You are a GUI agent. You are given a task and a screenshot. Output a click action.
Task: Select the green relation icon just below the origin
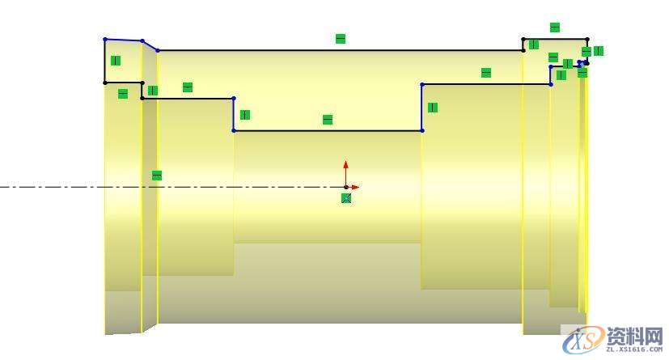[346, 198]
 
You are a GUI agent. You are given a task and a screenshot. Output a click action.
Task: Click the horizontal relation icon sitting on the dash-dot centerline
[157, 175]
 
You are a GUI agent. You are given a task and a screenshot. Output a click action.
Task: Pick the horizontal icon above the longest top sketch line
[341, 39]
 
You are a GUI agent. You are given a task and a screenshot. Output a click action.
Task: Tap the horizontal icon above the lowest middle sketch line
[328, 120]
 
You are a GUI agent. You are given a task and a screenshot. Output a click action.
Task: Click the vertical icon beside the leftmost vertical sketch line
[116, 61]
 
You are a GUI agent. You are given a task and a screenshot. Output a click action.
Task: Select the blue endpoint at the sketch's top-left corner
[105, 39]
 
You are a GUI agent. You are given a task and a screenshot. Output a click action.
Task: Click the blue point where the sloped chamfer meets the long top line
[158, 50]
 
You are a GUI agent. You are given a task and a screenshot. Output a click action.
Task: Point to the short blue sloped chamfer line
[150, 45]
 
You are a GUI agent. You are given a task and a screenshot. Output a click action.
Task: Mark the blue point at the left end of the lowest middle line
[234, 130]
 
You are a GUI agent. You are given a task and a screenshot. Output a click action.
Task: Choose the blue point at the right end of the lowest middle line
[422, 130]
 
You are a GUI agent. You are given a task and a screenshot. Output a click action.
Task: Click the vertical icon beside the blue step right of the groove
[433, 107]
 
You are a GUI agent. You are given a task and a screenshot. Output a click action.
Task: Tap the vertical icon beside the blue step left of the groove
[244, 115]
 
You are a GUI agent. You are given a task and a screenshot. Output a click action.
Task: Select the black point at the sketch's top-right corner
[587, 39]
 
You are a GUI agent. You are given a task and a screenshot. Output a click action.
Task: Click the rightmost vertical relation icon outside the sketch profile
[599, 51]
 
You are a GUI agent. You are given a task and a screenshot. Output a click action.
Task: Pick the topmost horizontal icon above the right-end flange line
[555, 28]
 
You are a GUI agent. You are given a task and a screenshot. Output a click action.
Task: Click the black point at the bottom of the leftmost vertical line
[105, 83]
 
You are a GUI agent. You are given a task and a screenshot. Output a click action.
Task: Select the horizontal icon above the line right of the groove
[486, 73]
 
